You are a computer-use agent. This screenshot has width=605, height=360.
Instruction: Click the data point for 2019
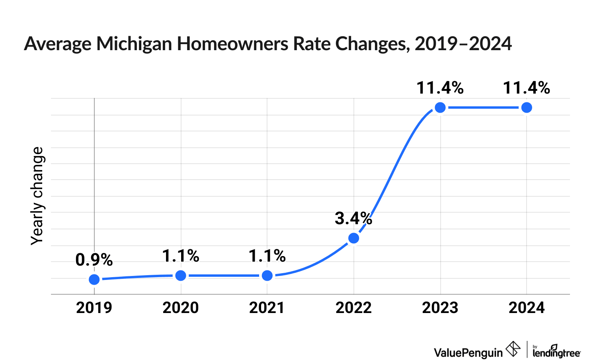coord(94,280)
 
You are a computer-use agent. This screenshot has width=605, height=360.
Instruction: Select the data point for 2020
coord(181,276)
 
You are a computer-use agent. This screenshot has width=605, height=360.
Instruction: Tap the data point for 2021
coord(267,276)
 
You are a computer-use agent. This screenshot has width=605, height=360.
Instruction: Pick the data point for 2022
coord(353,238)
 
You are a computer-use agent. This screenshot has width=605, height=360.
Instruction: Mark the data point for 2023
coord(440,108)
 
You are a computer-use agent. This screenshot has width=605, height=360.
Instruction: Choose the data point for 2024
coord(527,108)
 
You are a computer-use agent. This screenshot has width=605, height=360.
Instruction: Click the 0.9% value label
coord(94,260)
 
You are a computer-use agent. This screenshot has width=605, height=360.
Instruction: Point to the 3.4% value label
coord(353,218)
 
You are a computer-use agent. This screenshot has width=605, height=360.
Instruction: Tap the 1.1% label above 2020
coord(181,256)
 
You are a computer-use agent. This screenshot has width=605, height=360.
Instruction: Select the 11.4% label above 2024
coord(527,88)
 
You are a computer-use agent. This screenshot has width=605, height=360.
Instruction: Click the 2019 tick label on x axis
coord(94,308)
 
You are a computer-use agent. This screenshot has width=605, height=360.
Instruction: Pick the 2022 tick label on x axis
coord(353,308)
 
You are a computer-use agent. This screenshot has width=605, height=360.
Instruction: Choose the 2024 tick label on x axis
coord(527,308)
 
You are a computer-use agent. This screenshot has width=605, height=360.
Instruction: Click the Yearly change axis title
coord(37,196)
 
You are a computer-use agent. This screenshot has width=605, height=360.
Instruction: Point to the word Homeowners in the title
coord(233,44)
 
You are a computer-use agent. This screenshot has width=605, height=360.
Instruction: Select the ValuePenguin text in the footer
coord(468,352)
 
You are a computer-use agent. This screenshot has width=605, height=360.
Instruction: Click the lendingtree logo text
coord(556,352)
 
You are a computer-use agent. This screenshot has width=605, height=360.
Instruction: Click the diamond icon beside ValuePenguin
coord(513,349)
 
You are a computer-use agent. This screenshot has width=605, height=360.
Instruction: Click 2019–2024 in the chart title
coord(463,44)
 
